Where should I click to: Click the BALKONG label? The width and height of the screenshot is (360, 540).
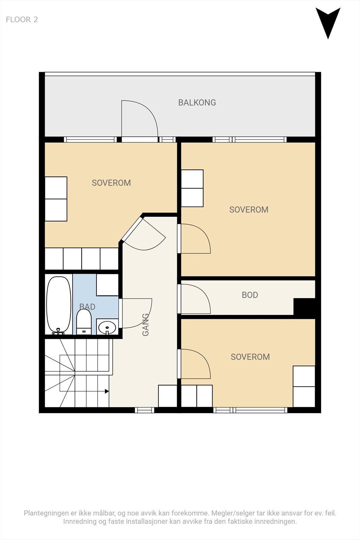[197, 103]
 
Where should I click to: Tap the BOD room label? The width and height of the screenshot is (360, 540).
[250, 295]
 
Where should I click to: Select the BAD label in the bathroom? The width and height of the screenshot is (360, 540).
[87, 307]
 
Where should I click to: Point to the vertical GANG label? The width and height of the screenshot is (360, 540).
[146, 325]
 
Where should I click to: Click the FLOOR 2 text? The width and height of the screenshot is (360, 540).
[22, 20]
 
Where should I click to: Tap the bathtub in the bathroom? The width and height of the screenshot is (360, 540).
[59, 305]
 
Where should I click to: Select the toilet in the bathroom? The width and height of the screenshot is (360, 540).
[84, 322]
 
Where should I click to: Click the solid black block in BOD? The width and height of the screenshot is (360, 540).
[304, 306]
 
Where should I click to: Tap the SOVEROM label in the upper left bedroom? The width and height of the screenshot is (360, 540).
[111, 183]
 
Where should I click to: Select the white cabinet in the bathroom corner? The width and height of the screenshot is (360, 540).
[108, 285]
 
